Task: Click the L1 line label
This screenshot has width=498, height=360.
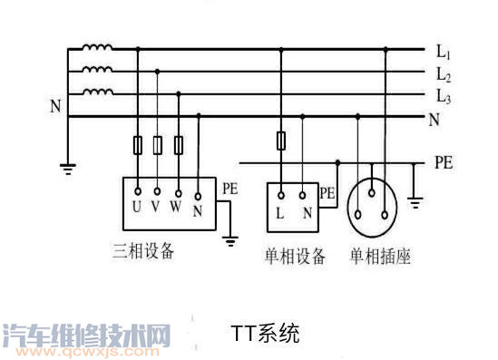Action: (443, 52)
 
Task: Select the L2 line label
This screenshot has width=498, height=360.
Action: (443, 73)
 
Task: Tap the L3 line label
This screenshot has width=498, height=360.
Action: (443, 94)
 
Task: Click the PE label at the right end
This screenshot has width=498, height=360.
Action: (444, 164)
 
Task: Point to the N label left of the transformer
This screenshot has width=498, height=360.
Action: (55, 106)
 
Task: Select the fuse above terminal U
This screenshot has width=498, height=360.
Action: (138, 144)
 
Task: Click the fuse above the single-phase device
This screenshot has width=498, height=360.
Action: (281, 141)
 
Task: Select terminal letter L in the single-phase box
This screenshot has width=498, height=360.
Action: (280, 213)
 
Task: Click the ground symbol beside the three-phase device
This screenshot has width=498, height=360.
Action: (229, 241)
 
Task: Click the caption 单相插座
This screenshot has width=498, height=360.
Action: (381, 257)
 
